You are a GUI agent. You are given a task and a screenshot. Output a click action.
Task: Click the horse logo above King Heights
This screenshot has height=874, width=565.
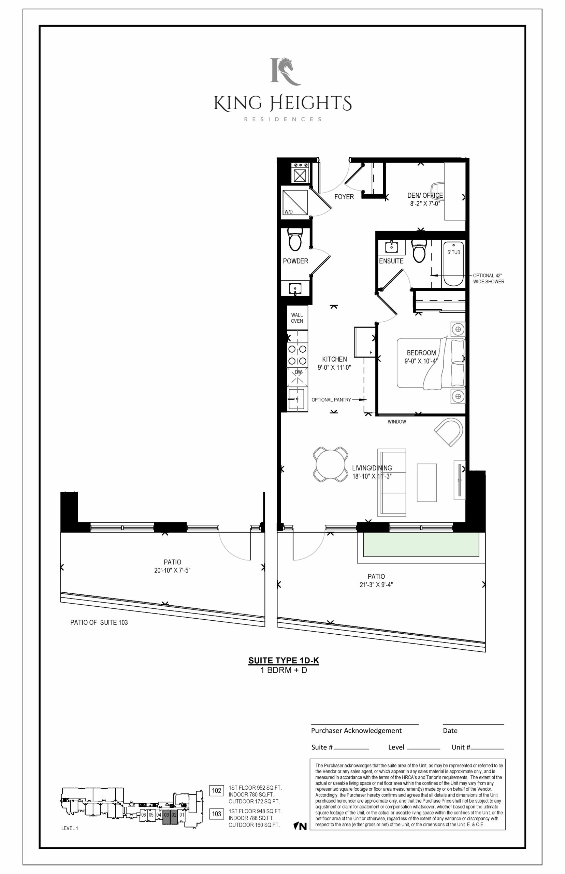285,71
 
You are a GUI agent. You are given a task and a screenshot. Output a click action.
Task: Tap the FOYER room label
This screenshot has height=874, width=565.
344,197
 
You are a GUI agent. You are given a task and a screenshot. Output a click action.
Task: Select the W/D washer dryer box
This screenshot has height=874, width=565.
294,202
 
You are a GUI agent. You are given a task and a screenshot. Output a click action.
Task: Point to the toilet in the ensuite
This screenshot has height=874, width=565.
419,251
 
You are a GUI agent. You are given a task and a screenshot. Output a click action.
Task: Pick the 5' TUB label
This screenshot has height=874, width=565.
453,252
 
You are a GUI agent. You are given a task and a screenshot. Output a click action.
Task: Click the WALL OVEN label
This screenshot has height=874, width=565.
297,318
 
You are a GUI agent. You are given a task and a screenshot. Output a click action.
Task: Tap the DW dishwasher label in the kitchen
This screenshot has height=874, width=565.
299,372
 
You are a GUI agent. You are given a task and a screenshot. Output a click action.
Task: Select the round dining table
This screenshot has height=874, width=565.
331,464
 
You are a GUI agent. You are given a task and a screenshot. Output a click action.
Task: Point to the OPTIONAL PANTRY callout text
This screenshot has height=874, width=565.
331,400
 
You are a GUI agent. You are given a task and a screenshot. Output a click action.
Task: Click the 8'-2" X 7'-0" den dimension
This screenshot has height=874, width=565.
425,204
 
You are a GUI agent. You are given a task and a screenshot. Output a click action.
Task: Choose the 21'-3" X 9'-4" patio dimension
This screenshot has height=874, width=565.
376,585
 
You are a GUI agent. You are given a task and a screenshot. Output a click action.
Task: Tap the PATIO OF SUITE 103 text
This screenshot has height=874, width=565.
99,622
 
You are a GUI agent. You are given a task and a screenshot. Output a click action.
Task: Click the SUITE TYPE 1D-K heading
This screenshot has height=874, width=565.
284,661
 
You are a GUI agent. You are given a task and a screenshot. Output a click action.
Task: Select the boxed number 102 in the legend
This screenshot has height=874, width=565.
216,790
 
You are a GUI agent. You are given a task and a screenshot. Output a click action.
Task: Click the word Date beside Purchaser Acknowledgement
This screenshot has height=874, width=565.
450,731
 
